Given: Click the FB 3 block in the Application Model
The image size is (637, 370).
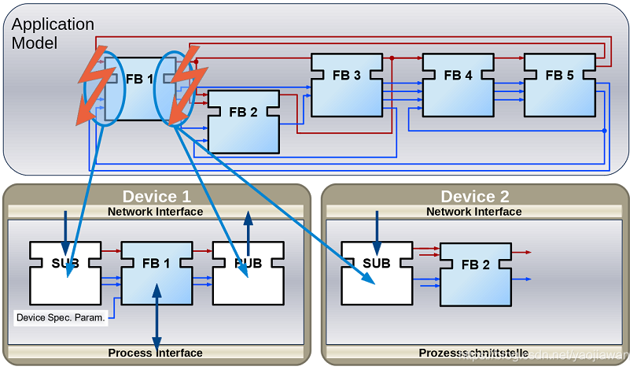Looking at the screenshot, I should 346,84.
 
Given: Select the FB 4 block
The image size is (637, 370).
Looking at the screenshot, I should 458,84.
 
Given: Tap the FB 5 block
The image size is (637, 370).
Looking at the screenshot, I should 559,84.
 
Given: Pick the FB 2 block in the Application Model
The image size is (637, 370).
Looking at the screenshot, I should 243,121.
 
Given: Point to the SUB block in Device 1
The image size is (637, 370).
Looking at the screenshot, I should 65,272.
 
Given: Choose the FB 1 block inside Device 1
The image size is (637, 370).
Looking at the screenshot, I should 156,272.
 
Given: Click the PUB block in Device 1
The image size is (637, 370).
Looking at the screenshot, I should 248,272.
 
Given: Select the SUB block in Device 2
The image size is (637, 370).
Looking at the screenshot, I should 376,272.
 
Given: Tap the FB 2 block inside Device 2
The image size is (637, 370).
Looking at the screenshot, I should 475,274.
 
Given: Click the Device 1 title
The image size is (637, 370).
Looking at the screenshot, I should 156,196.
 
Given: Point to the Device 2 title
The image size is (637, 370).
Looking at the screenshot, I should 474,196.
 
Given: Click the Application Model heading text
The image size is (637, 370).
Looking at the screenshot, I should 52,34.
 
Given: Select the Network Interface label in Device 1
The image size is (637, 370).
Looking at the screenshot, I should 155,211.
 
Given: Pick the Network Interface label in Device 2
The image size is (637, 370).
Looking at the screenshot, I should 473,211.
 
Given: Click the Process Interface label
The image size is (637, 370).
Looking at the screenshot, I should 155,353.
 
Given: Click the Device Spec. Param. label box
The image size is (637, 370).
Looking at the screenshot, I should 61,318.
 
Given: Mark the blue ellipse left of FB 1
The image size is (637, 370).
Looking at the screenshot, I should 105,88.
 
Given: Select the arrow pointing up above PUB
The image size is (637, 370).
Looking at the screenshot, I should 249,228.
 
